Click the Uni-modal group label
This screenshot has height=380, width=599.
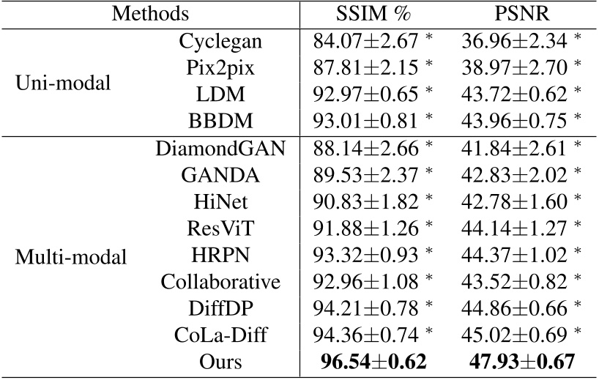point(64,83)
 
